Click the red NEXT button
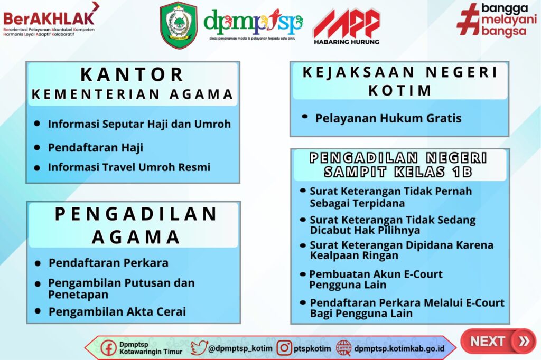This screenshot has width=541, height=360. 498,341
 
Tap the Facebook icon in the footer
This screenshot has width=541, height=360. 108,348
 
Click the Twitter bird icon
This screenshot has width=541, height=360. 199,348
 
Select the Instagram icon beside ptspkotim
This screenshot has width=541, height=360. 284,348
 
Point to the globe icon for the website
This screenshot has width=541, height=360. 344,348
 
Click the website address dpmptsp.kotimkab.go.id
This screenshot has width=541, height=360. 399,348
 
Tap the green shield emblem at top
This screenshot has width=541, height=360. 179,25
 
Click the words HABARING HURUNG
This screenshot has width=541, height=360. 347,42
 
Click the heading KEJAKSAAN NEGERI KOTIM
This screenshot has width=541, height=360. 400,81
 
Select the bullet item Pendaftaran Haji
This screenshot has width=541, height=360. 96,148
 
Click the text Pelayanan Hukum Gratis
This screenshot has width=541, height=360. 388,118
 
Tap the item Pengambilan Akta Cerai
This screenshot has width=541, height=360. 117,312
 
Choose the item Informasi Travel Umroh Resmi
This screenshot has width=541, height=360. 129,167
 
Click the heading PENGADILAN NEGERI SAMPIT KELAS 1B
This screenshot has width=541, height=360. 398,165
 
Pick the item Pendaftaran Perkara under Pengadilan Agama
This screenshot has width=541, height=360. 108,263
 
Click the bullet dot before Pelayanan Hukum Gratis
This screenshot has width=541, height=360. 305,117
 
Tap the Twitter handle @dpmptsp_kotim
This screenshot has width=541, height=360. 240,348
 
